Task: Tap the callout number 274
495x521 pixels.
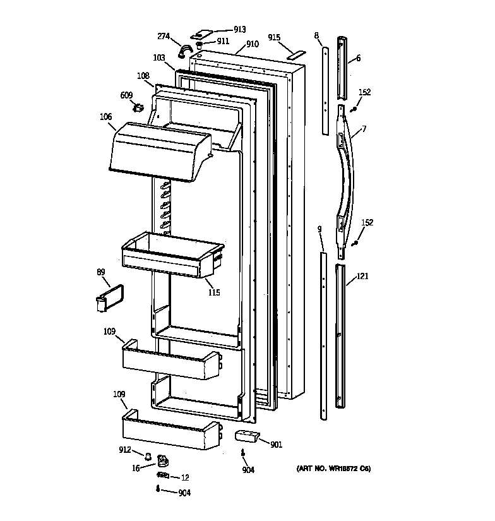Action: (x=164, y=37)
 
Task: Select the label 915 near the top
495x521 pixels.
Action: (x=273, y=37)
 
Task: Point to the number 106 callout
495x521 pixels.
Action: (x=105, y=117)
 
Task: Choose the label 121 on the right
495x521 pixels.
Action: (x=362, y=276)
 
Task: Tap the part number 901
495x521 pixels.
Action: (x=276, y=445)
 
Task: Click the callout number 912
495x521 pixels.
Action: (x=125, y=450)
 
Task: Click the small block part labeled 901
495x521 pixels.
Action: (x=247, y=436)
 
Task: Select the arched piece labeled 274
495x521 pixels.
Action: (x=185, y=50)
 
